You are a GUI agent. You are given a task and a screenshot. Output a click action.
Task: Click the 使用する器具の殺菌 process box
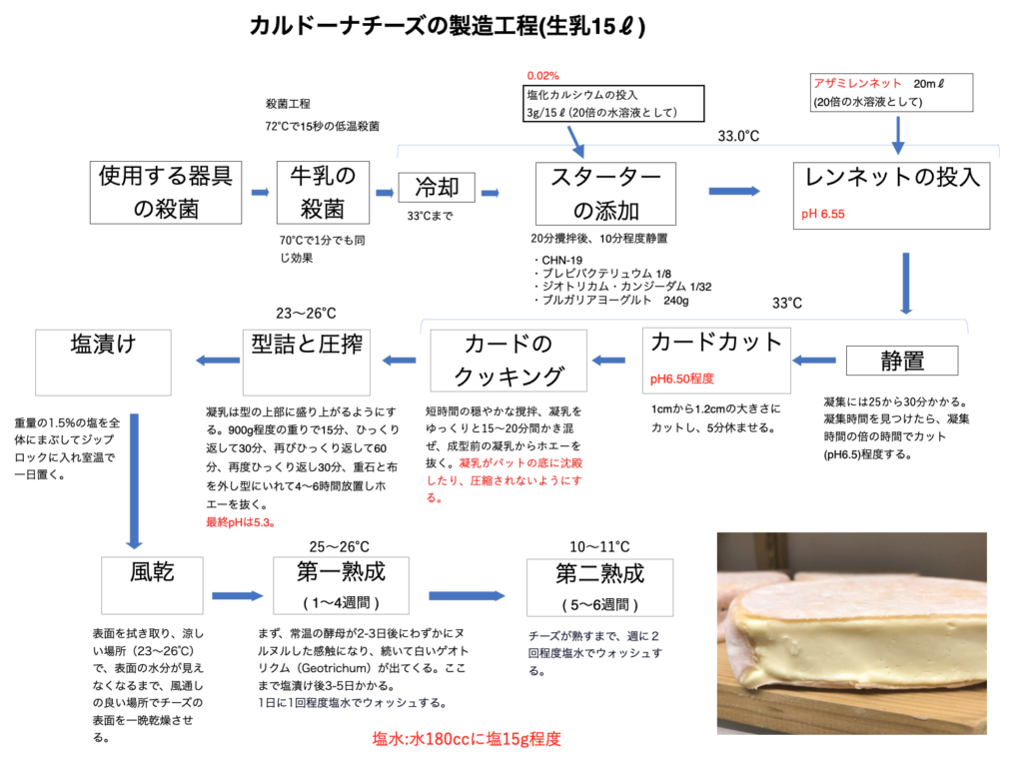165,192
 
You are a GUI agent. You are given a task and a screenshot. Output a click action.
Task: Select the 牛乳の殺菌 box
323,192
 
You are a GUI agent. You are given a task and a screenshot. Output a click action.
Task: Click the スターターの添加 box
604,194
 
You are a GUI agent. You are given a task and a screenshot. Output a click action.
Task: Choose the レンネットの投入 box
892,195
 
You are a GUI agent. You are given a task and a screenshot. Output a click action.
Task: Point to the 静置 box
901,359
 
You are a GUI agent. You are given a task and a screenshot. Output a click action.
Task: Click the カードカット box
716,359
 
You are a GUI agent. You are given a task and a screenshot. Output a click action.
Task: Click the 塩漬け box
103,360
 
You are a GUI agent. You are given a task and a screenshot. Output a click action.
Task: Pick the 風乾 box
153,587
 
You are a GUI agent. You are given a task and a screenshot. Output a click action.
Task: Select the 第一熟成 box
341,587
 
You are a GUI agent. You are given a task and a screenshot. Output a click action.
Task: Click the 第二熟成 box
599,587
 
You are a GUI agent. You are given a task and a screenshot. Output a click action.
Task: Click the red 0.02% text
543,76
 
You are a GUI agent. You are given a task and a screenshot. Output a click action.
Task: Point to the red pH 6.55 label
823,214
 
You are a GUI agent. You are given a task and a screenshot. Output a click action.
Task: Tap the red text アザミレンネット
858,84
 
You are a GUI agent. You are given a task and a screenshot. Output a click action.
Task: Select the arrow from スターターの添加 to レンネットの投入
741,190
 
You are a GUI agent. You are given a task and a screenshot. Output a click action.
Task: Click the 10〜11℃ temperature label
599,547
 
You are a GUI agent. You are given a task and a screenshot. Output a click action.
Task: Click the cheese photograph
852,633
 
